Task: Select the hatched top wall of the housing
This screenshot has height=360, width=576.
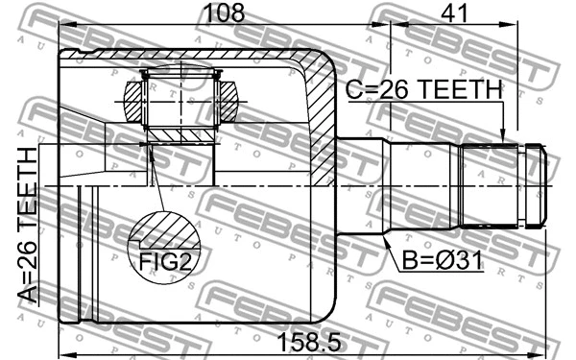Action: click(192, 56)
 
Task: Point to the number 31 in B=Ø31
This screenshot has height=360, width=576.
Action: click(464, 257)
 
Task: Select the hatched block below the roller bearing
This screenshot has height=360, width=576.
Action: click(178, 130)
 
